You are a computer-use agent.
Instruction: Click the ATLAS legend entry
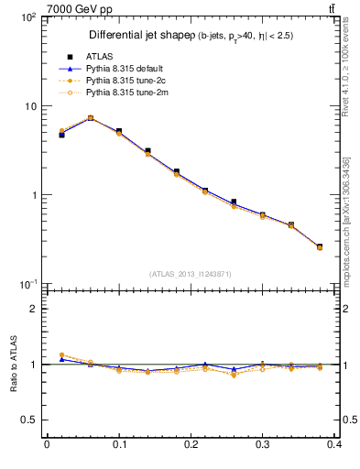click(99, 56)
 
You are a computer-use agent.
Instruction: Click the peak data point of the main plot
click(90, 117)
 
